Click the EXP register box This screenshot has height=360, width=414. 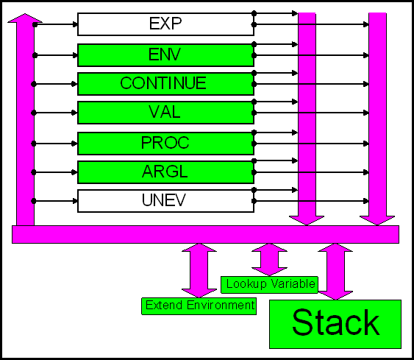(165, 24)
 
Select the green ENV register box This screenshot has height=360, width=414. (165, 55)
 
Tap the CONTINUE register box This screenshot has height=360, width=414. (165, 84)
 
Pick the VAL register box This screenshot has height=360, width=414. (165, 113)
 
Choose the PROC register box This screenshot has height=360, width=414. (165, 144)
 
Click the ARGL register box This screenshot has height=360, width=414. (165, 172)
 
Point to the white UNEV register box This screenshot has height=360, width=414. (165, 201)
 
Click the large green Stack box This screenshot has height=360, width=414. (335, 324)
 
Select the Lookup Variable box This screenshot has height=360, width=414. (269, 285)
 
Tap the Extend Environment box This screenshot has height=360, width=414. (199, 306)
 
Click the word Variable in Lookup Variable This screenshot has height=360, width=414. (293, 284)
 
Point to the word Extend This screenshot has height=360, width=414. (164, 306)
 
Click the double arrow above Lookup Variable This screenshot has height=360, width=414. (269, 260)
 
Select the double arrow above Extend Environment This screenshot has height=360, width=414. (199, 270)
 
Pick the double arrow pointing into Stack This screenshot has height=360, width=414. (335, 272)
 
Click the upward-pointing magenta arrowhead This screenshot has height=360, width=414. (25, 18)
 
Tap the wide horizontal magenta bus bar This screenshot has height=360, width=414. (205, 234)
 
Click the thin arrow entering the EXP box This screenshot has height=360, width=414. (55, 24)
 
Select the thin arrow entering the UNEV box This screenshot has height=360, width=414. (54, 201)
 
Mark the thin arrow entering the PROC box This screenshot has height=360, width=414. (54, 144)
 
